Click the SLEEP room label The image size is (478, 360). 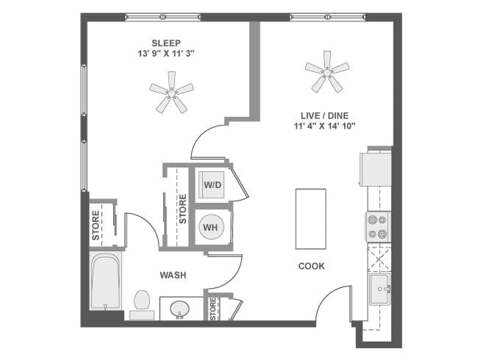166,43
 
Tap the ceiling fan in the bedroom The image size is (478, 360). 171,92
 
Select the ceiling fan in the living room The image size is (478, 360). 327,71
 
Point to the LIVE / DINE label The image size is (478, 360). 324,115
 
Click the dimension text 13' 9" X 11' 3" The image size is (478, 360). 166,54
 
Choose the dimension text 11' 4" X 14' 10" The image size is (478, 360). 324,126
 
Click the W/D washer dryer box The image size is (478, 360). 213,184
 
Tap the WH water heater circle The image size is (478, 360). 211,228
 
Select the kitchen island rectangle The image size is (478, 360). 310,219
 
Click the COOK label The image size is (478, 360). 311,266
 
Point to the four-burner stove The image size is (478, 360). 378,226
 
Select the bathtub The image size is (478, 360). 105,281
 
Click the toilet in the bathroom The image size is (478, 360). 142,303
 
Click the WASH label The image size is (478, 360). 173,276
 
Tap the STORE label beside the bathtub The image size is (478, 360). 96,226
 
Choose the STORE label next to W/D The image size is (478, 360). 183,209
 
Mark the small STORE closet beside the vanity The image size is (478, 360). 213,309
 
